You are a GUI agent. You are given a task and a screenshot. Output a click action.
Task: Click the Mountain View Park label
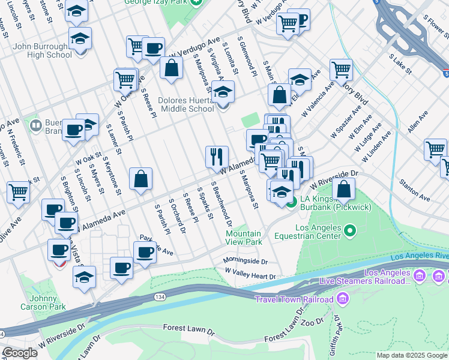[243, 238]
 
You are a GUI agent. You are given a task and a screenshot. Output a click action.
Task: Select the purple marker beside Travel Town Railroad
[343, 298]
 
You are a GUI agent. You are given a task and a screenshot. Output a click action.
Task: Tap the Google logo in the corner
[20, 353]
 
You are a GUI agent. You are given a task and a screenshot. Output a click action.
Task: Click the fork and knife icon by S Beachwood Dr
[217, 157]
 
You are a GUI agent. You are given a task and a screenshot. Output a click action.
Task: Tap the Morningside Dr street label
[244, 261]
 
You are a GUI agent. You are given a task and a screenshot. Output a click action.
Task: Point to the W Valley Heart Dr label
[250, 277]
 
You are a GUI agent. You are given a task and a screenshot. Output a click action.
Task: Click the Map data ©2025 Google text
[411, 355]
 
